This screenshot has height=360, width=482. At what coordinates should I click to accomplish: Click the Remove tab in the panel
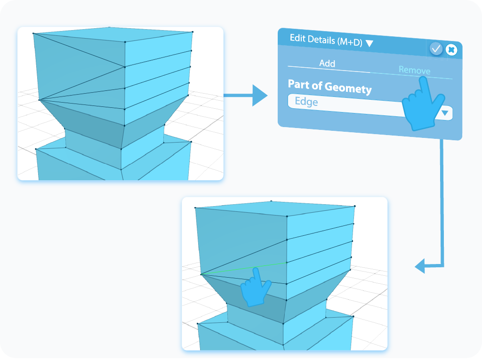click(414, 70)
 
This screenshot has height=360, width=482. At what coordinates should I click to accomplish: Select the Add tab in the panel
click(327, 63)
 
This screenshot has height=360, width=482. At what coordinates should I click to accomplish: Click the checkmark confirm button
click(436, 48)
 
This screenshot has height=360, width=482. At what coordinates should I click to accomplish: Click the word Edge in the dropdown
click(306, 102)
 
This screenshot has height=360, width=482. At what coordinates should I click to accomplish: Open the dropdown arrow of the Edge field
click(444, 113)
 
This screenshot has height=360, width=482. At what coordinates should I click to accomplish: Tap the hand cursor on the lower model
click(255, 287)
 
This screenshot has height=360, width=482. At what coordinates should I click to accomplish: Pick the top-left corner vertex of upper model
click(33, 33)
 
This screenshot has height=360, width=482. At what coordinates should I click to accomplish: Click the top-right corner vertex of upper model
click(193, 32)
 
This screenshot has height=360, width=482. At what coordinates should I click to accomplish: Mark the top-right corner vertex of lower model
click(354, 206)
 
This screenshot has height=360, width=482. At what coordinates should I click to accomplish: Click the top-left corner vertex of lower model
click(195, 208)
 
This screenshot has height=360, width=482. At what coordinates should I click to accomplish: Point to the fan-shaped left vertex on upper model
click(39, 100)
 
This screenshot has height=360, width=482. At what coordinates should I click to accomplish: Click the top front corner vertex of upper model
click(125, 42)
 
